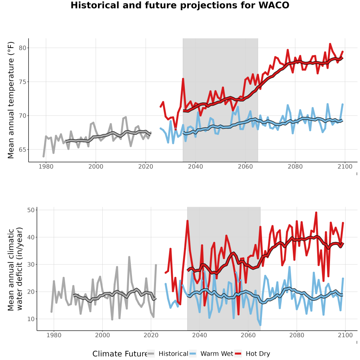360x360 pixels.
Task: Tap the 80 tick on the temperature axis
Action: click(22, 48)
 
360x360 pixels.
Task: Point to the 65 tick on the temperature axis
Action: click(22, 150)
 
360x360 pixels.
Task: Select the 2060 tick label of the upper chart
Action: click(245, 166)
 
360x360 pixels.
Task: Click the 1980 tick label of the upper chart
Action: click(46, 166)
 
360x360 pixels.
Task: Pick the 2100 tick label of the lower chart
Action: click(345, 335)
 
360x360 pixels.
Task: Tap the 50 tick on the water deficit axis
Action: click(31, 210)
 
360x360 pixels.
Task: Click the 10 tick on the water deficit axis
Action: click(31, 319)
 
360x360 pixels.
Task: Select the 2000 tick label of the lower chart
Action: click(102, 335)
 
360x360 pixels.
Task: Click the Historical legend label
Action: click(173, 354)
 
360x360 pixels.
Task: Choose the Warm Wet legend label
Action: click(217, 354)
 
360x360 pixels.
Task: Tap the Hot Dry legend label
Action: click(258, 354)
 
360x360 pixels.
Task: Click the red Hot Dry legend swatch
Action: click(238, 354)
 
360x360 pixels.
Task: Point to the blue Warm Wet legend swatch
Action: click(193, 354)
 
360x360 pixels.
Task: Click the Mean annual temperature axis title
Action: click(11, 100)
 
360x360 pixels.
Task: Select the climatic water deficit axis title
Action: click(15, 269)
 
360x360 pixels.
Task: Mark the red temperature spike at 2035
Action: click(183, 79)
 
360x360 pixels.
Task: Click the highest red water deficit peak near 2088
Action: click(316, 213)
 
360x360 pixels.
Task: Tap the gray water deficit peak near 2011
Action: click(129, 257)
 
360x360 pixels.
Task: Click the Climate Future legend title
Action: click(120, 354)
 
